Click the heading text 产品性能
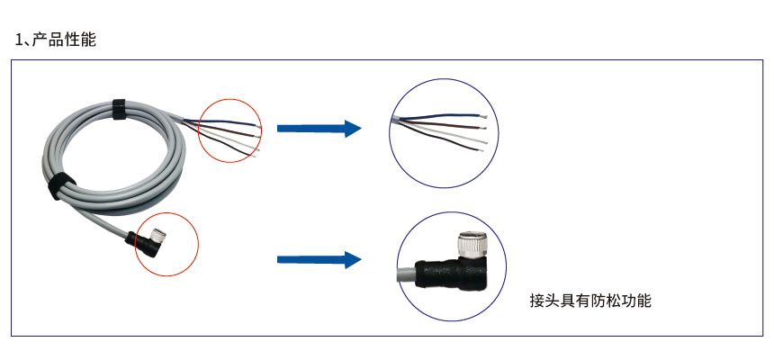pyautogui.click(x=63, y=40)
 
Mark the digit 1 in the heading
pyautogui.click(x=19, y=40)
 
